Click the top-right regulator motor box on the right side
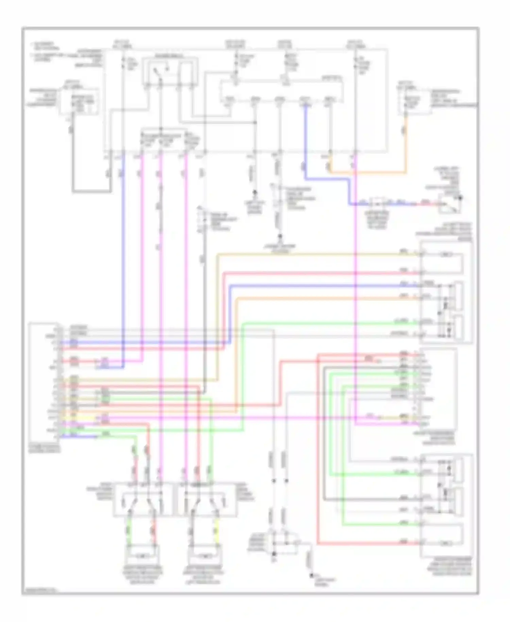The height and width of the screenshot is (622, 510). point(446,292)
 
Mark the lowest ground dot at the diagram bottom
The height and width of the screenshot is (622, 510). point(311,576)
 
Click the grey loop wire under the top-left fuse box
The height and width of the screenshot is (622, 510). point(91,191)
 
